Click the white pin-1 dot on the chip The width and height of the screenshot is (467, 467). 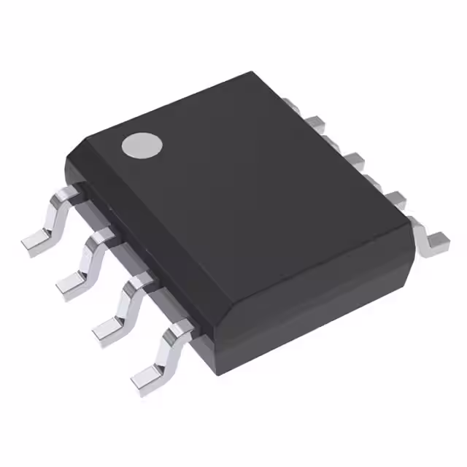pos(142,145)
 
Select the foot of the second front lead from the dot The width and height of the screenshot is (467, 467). pos(71,282)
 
